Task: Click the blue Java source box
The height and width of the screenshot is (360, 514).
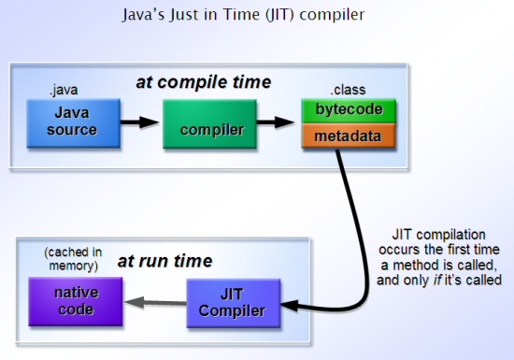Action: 74,123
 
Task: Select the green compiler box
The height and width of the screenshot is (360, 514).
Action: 209,124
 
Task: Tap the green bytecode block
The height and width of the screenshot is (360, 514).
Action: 349,111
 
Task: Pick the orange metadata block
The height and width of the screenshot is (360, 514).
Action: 349,136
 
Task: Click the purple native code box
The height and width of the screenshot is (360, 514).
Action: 76,302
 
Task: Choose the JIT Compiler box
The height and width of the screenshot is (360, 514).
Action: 234,303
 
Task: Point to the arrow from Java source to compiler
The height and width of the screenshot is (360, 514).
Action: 140,122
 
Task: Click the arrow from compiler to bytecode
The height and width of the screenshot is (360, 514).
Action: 276,122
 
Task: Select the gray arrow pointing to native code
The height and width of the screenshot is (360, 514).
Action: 156,302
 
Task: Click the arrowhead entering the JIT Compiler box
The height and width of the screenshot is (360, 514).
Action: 289,306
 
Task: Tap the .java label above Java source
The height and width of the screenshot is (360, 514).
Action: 64,90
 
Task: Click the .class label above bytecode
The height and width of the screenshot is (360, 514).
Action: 348,90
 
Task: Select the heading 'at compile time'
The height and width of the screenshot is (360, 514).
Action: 204,82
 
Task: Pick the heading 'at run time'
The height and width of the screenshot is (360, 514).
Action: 164,261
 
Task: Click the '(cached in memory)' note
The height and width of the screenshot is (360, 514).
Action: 73,259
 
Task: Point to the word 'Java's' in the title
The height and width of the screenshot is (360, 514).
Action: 144,15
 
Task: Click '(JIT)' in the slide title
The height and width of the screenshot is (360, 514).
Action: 279,15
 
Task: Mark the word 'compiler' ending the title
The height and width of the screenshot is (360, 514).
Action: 332,15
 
